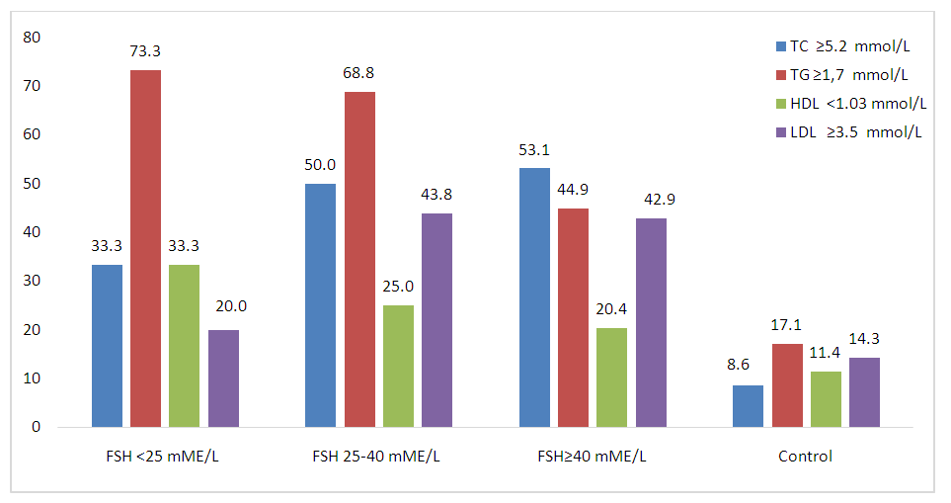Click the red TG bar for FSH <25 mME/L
tap(145, 249)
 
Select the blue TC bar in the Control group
tap(748, 406)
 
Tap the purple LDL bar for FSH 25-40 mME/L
tap(436, 320)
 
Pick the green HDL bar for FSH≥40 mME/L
tap(611, 377)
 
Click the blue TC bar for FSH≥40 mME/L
tap(534, 297)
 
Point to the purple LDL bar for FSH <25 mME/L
tap(223, 378)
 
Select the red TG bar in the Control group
tap(787, 385)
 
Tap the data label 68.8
tap(359, 73)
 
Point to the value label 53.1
tap(534, 150)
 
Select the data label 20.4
tap(611, 308)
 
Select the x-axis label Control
tap(805, 457)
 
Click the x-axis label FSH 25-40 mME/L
tap(376, 457)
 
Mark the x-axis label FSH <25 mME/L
tap(163, 457)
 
